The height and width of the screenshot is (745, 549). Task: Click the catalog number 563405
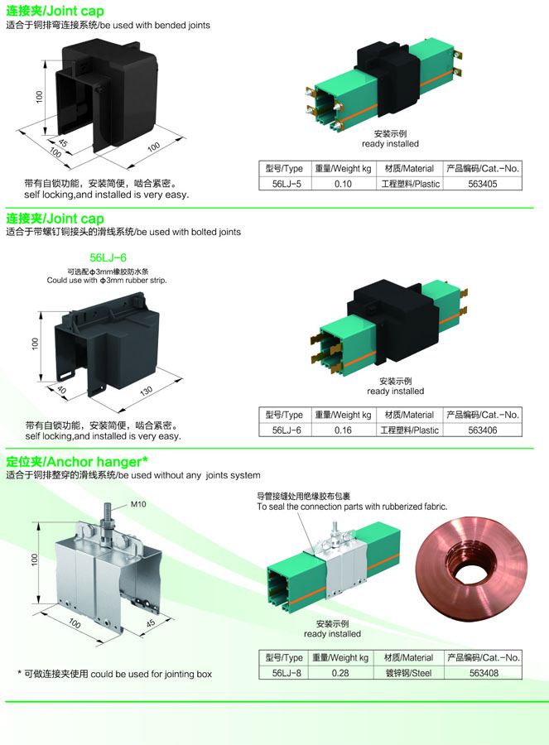483,184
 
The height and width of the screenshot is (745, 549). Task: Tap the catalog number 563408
483,673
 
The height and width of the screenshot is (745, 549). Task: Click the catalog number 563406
483,430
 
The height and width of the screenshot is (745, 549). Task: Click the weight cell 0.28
340,673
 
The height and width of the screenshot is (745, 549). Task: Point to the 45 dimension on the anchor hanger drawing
150,622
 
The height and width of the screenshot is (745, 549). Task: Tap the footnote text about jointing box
115,674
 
